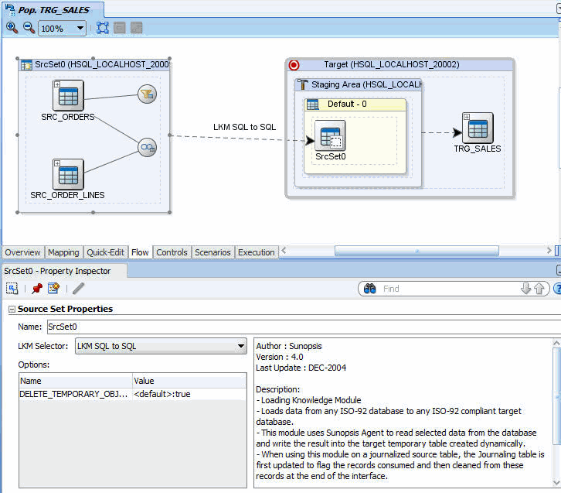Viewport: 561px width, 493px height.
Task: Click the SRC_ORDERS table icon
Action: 68,95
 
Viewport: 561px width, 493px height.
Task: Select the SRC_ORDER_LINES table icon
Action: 68,174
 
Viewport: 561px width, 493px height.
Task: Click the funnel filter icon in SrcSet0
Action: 147,94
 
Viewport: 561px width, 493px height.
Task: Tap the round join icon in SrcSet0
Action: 147,147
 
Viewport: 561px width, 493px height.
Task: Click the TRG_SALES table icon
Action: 478,128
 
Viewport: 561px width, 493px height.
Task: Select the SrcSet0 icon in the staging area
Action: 330,135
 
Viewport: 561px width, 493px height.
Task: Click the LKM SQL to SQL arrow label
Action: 244,127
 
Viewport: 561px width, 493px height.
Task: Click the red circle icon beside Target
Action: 294,65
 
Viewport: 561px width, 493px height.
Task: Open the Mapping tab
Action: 63,252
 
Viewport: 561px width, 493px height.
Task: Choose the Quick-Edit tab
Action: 105,252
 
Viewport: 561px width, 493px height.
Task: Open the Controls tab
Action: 172,252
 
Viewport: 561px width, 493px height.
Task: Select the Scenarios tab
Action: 212,252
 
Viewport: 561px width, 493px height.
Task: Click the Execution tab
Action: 257,252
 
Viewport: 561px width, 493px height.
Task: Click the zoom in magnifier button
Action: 12,28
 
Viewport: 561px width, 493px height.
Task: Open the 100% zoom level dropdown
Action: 63,29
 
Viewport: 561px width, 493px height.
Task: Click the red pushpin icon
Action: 37,289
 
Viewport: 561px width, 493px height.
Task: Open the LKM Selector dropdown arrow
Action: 241,346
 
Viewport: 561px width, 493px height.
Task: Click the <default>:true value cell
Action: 189,394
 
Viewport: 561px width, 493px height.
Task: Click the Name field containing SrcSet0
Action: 304,327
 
